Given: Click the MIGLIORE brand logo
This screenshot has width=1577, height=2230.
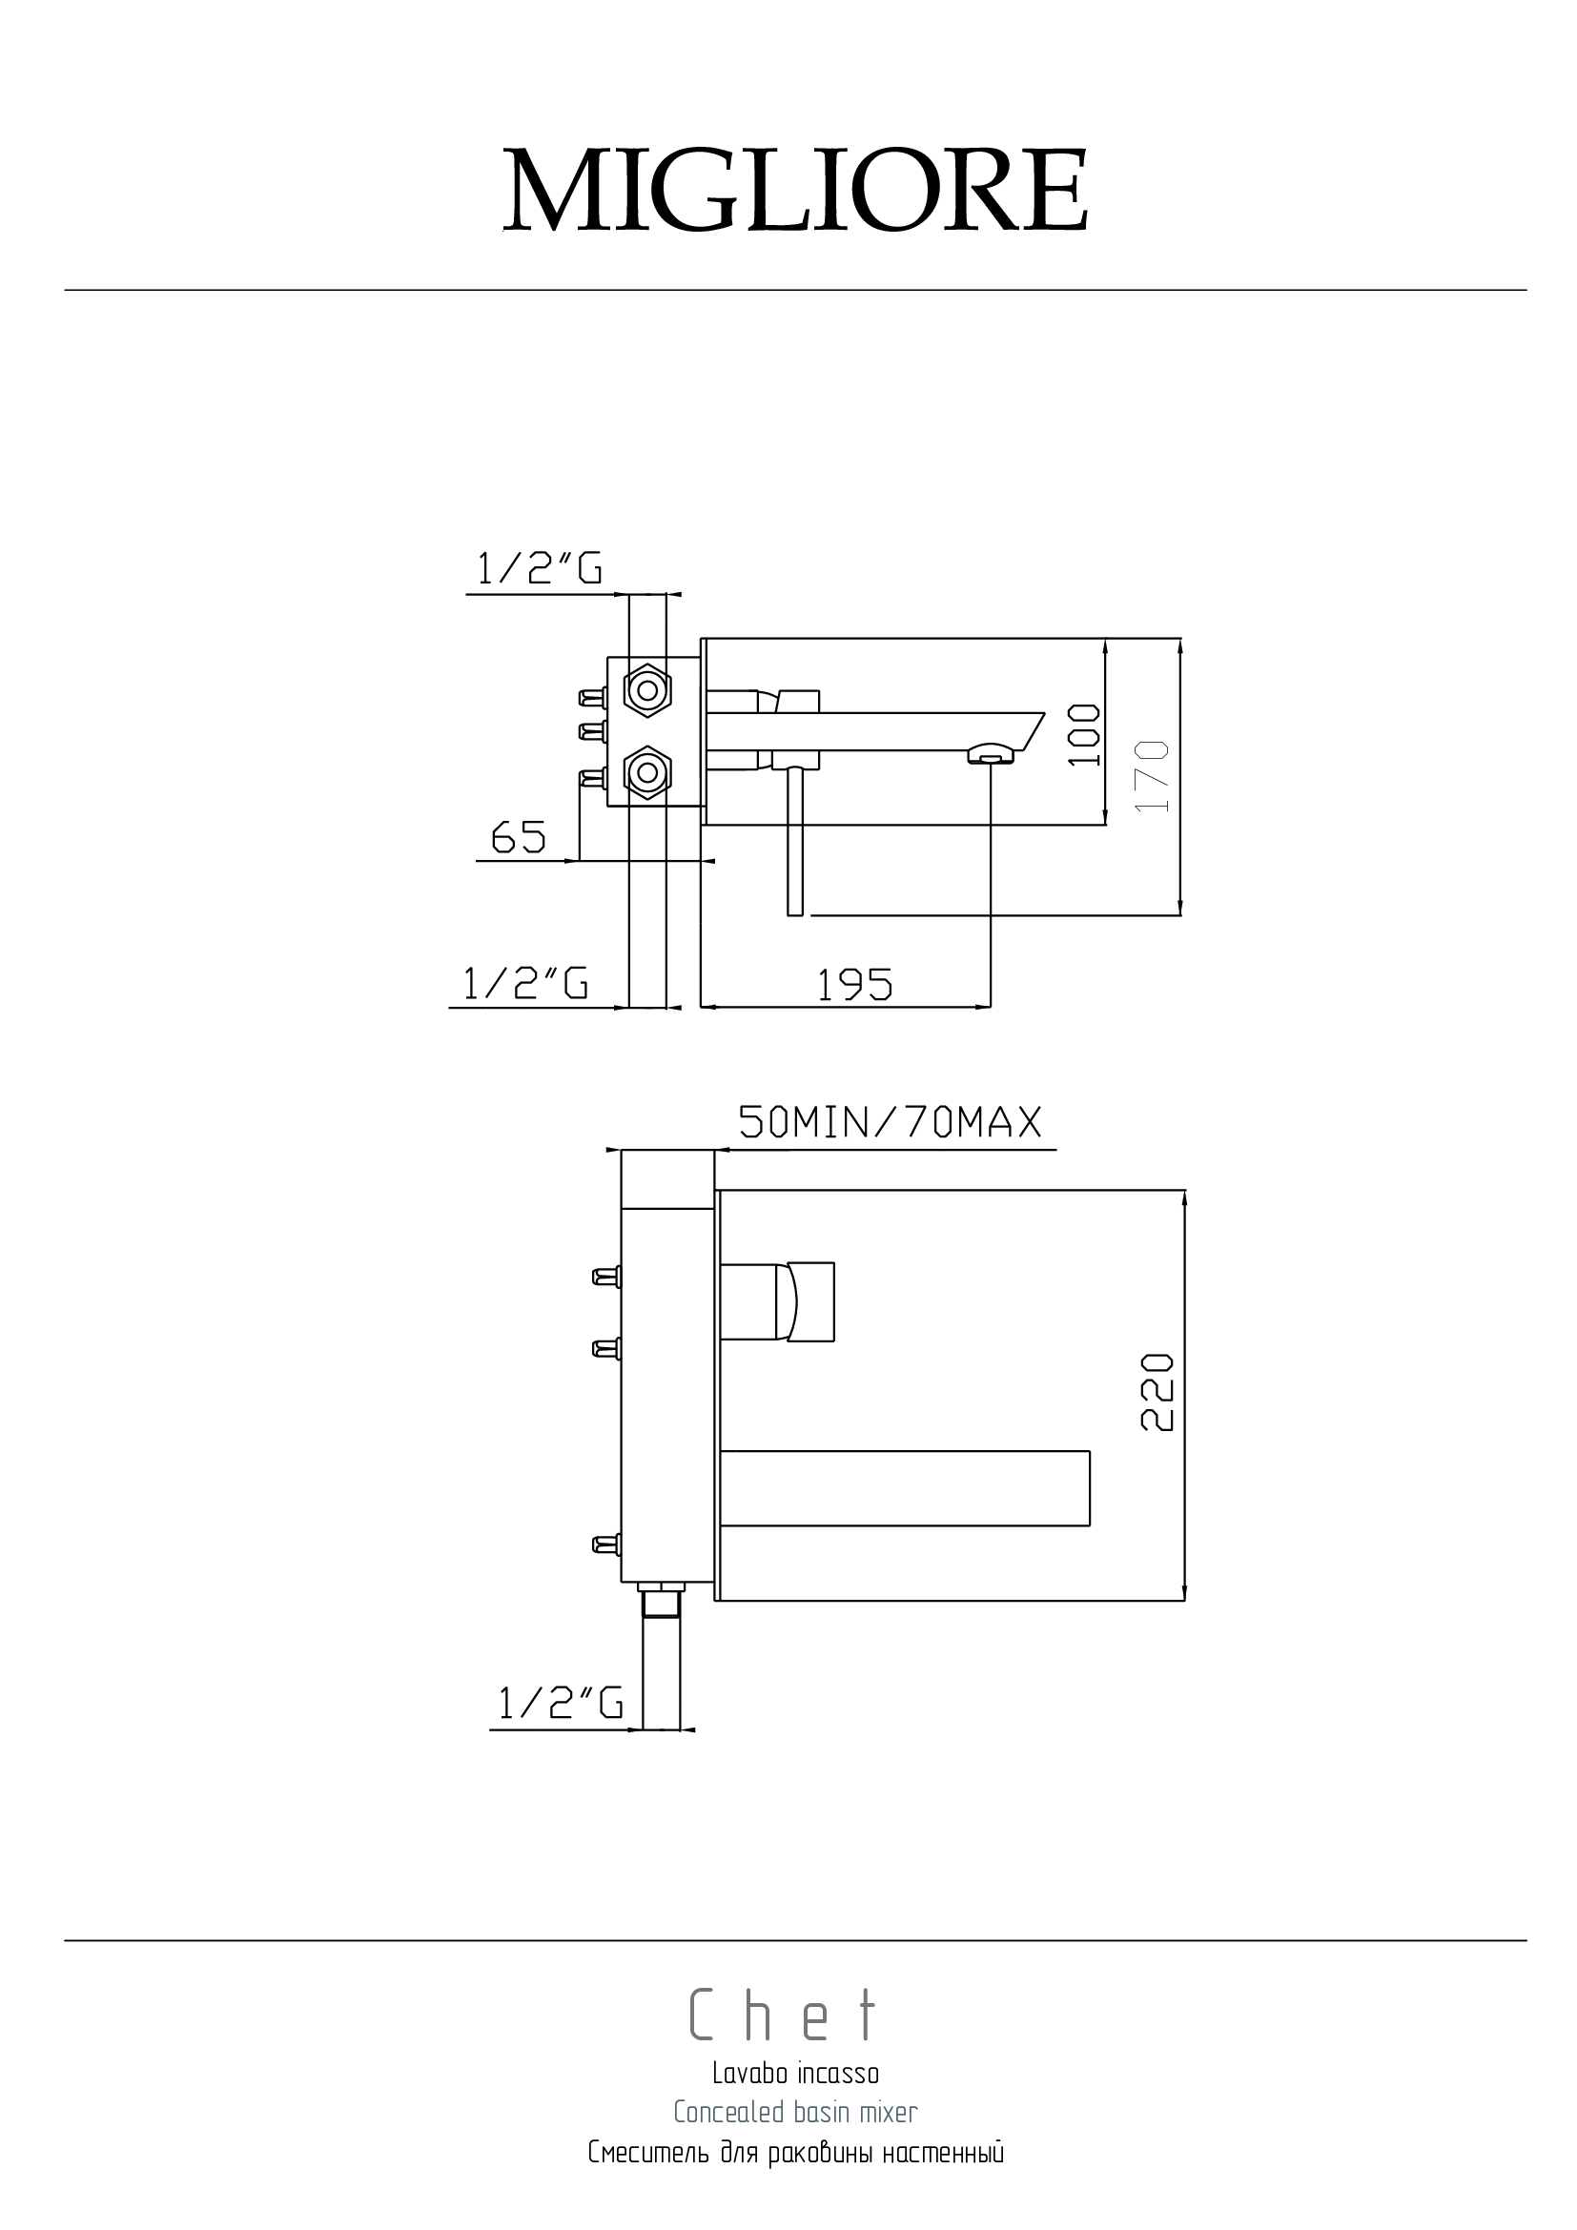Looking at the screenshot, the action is [795, 192].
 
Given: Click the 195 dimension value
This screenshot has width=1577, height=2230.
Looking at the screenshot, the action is [854, 986].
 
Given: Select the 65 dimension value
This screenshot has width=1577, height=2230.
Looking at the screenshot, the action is [519, 837].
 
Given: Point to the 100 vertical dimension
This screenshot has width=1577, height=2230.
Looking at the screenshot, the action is [1085, 735].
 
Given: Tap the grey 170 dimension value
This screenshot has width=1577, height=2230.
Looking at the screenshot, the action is [1152, 776].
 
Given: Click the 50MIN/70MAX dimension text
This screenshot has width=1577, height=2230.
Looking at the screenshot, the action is [891, 1123].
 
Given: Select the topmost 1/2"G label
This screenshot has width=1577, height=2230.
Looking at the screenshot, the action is [539, 568].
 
